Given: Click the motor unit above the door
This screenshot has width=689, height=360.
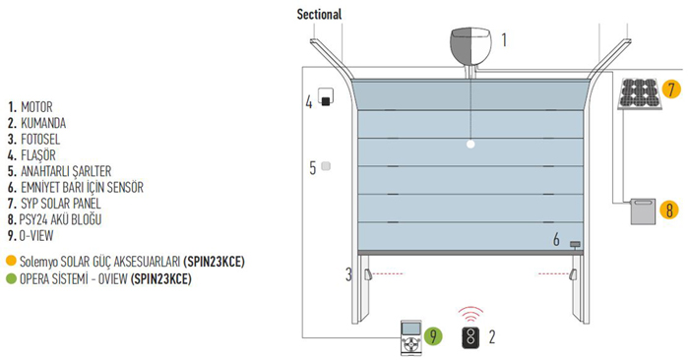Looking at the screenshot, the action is tap(470, 44).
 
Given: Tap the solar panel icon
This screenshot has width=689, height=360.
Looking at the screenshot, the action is tap(639, 93).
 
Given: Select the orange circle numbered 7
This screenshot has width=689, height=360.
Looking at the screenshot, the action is tap(671, 90).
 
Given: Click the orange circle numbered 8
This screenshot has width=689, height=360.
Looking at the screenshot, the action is tap(669, 210).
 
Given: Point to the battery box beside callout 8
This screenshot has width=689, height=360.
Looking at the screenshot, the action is tap(643, 211).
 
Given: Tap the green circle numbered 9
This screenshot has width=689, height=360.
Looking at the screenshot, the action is tap(433, 336).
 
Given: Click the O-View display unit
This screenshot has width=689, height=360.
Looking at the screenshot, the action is tap(410, 337).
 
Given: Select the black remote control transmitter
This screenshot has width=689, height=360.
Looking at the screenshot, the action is tap(471, 337).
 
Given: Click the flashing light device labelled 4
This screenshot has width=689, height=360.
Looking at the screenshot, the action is tap(326, 97).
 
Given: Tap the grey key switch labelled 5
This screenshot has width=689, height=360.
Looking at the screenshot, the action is tap(326, 166).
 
